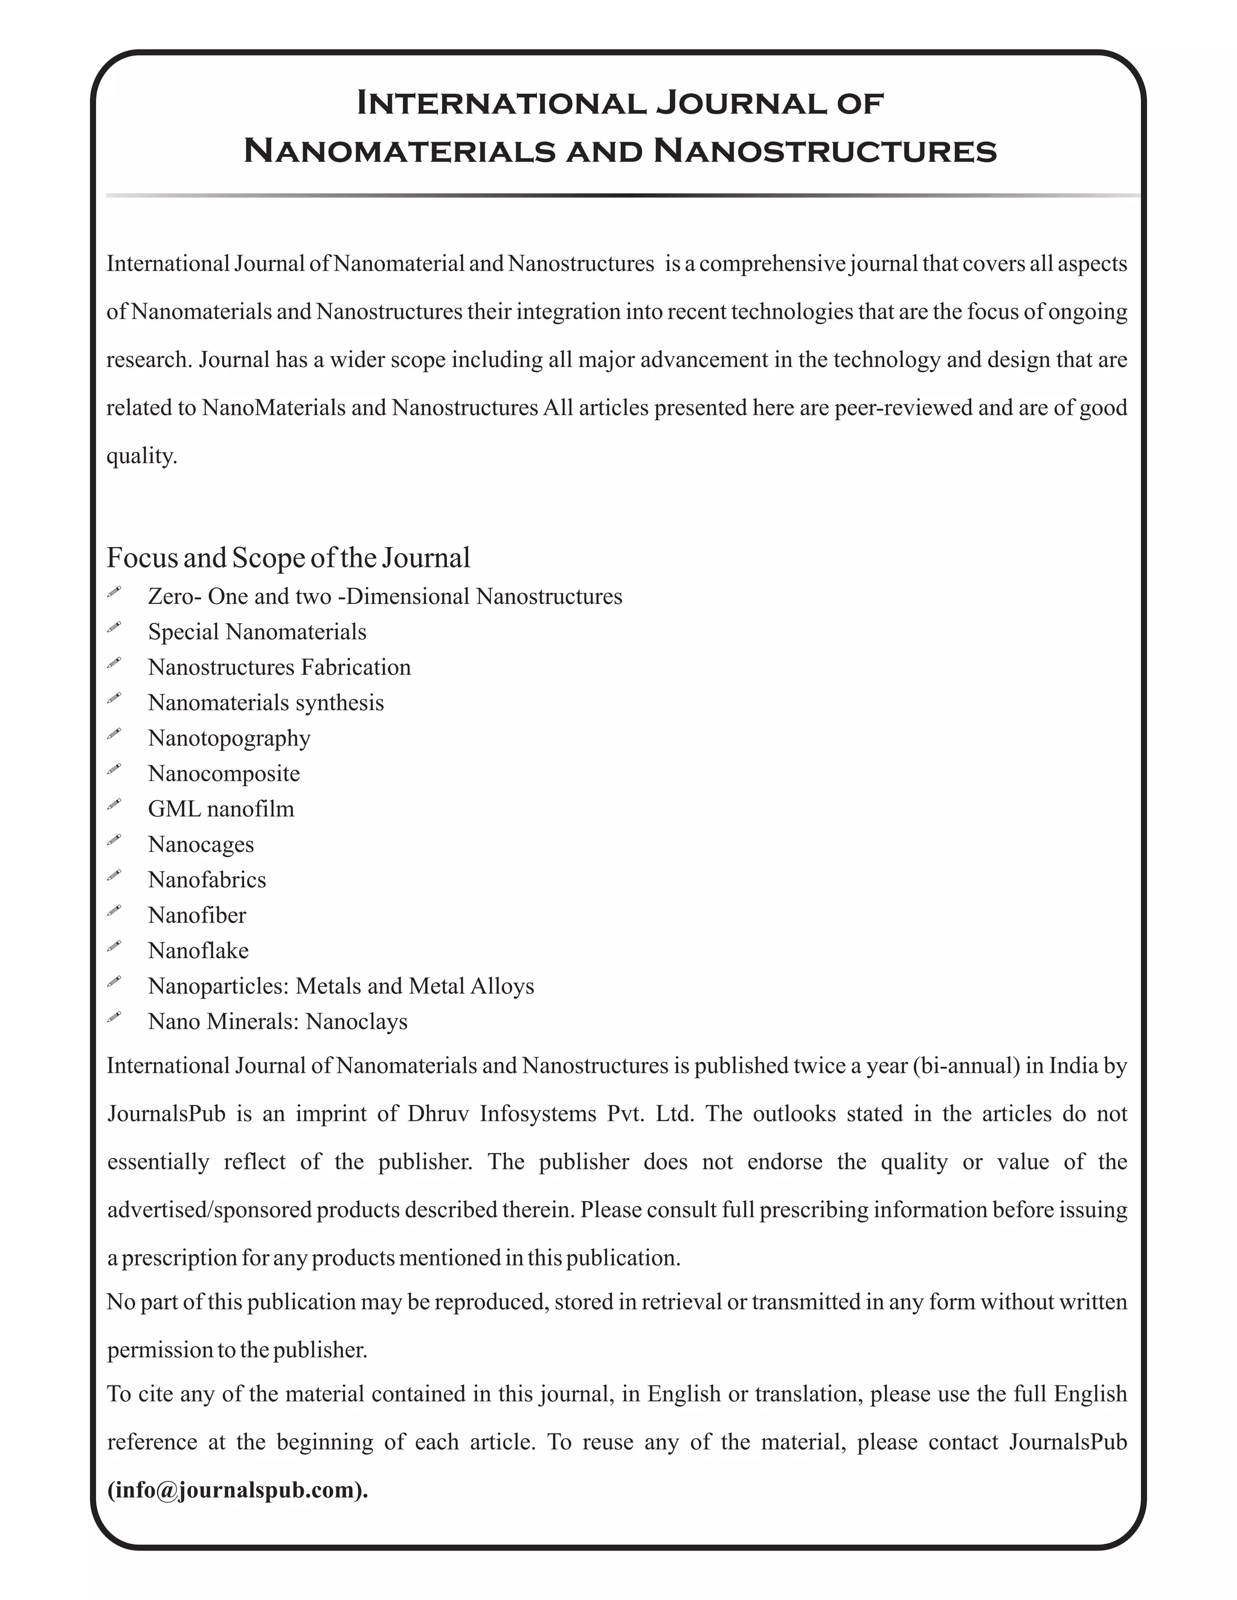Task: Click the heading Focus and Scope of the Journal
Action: pos(288,558)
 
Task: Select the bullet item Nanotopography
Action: pos(229,738)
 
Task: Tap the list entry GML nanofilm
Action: pos(220,809)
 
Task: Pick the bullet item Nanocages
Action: pos(201,844)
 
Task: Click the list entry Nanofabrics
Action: pos(207,879)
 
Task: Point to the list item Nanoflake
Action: pos(198,950)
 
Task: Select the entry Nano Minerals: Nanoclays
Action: pos(277,1021)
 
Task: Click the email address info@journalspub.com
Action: pos(237,1491)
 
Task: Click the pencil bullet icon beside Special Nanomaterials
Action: pos(114,627)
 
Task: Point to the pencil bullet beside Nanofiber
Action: pos(114,910)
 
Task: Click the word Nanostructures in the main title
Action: pos(824,151)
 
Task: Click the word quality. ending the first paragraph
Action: pos(141,456)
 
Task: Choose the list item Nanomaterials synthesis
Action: pos(265,703)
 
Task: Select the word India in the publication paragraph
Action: pos(1073,1065)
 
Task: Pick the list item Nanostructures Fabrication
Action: pos(278,667)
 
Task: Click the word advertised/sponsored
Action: pos(210,1209)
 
